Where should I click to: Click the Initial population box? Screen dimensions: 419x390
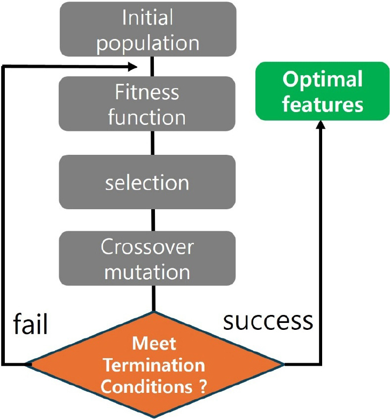click(x=147, y=29)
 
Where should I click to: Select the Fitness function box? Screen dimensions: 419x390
click(x=147, y=104)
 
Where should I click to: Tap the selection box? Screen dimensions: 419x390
click(x=147, y=183)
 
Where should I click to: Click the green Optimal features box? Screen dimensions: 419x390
click(x=322, y=91)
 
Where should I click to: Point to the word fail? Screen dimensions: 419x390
click(x=30, y=323)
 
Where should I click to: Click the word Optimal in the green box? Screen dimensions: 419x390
click(x=322, y=80)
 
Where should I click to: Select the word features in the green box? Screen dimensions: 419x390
click(x=322, y=104)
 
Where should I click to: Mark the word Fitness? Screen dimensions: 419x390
click(x=147, y=92)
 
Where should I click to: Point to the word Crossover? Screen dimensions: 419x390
click(x=147, y=247)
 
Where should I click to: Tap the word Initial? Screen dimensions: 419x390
click(x=147, y=18)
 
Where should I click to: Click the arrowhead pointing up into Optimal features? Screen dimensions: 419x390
click(x=321, y=124)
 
